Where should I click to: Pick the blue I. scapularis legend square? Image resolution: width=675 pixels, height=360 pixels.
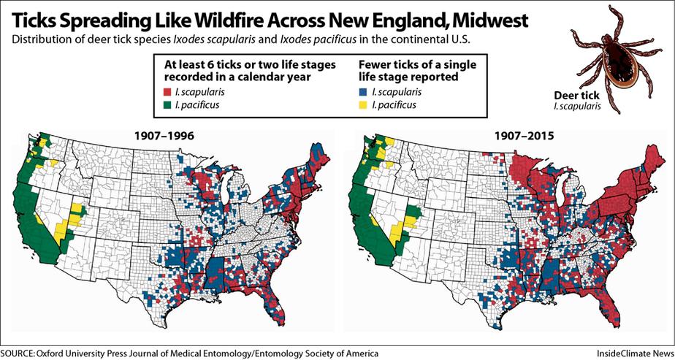[363, 93]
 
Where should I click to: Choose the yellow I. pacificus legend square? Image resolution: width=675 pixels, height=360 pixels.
[363, 105]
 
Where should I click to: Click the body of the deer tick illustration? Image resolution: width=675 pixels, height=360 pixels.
[608, 50]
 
